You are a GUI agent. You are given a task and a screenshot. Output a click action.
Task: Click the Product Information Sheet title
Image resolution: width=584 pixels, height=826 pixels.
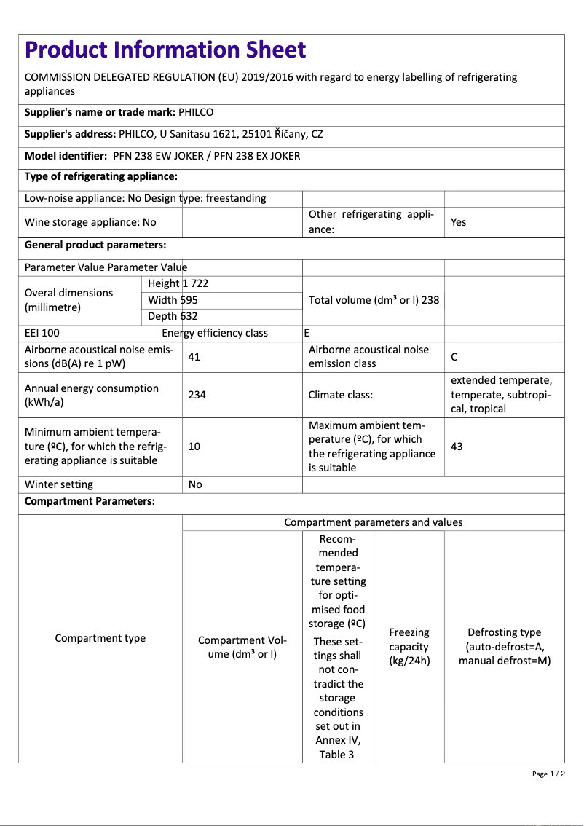pyautogui.click(x=165, y=50)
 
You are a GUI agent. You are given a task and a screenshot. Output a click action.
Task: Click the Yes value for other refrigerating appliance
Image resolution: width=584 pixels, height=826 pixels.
pyautogui.click(x=458, y=222)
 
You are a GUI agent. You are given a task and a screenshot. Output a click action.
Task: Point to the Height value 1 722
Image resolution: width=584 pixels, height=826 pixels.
pyautogui.click(x=195, y=283)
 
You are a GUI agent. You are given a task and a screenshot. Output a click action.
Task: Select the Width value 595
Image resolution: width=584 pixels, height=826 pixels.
pyautogui.click(x=189, y=300)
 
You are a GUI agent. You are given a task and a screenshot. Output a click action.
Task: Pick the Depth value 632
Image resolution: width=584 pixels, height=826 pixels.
pyautogui.click(x=189, y=316)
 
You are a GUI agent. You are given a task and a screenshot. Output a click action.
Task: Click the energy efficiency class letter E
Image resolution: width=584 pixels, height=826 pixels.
pyautogui.click(x=307, y=333)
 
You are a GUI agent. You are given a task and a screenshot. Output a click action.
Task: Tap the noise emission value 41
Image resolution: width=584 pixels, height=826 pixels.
pyautogui.click(x=194, y=357)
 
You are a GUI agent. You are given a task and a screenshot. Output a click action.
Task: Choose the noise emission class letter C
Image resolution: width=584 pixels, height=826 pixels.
pyautogui.click(x=454, y=357)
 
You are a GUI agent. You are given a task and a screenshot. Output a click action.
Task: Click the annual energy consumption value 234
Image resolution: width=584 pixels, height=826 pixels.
pyautogui.click(x=197, y=395)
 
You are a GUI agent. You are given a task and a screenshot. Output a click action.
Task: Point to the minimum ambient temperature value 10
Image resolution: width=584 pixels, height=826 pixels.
pyautogui.click(x=194, y=447)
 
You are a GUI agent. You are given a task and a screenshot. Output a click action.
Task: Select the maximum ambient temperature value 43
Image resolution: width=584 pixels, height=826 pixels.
pyautogui.click(x=457, y=447)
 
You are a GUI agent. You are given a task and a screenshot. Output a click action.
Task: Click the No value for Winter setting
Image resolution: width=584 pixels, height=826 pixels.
pyautogui.click(x=195, y=484)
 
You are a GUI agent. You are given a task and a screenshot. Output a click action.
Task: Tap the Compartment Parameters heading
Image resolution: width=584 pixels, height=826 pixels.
pyautogui.click(x=90, y=502)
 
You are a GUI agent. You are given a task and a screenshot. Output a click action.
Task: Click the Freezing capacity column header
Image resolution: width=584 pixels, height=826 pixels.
pyautogui.click(x=409, y=647)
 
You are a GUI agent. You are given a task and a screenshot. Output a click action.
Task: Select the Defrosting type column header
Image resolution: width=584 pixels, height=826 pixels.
pyautogui.click(x=504, y=647)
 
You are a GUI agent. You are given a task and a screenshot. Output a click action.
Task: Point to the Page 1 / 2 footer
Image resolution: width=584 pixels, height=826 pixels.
pyautogui.click(x=548, y=774)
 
